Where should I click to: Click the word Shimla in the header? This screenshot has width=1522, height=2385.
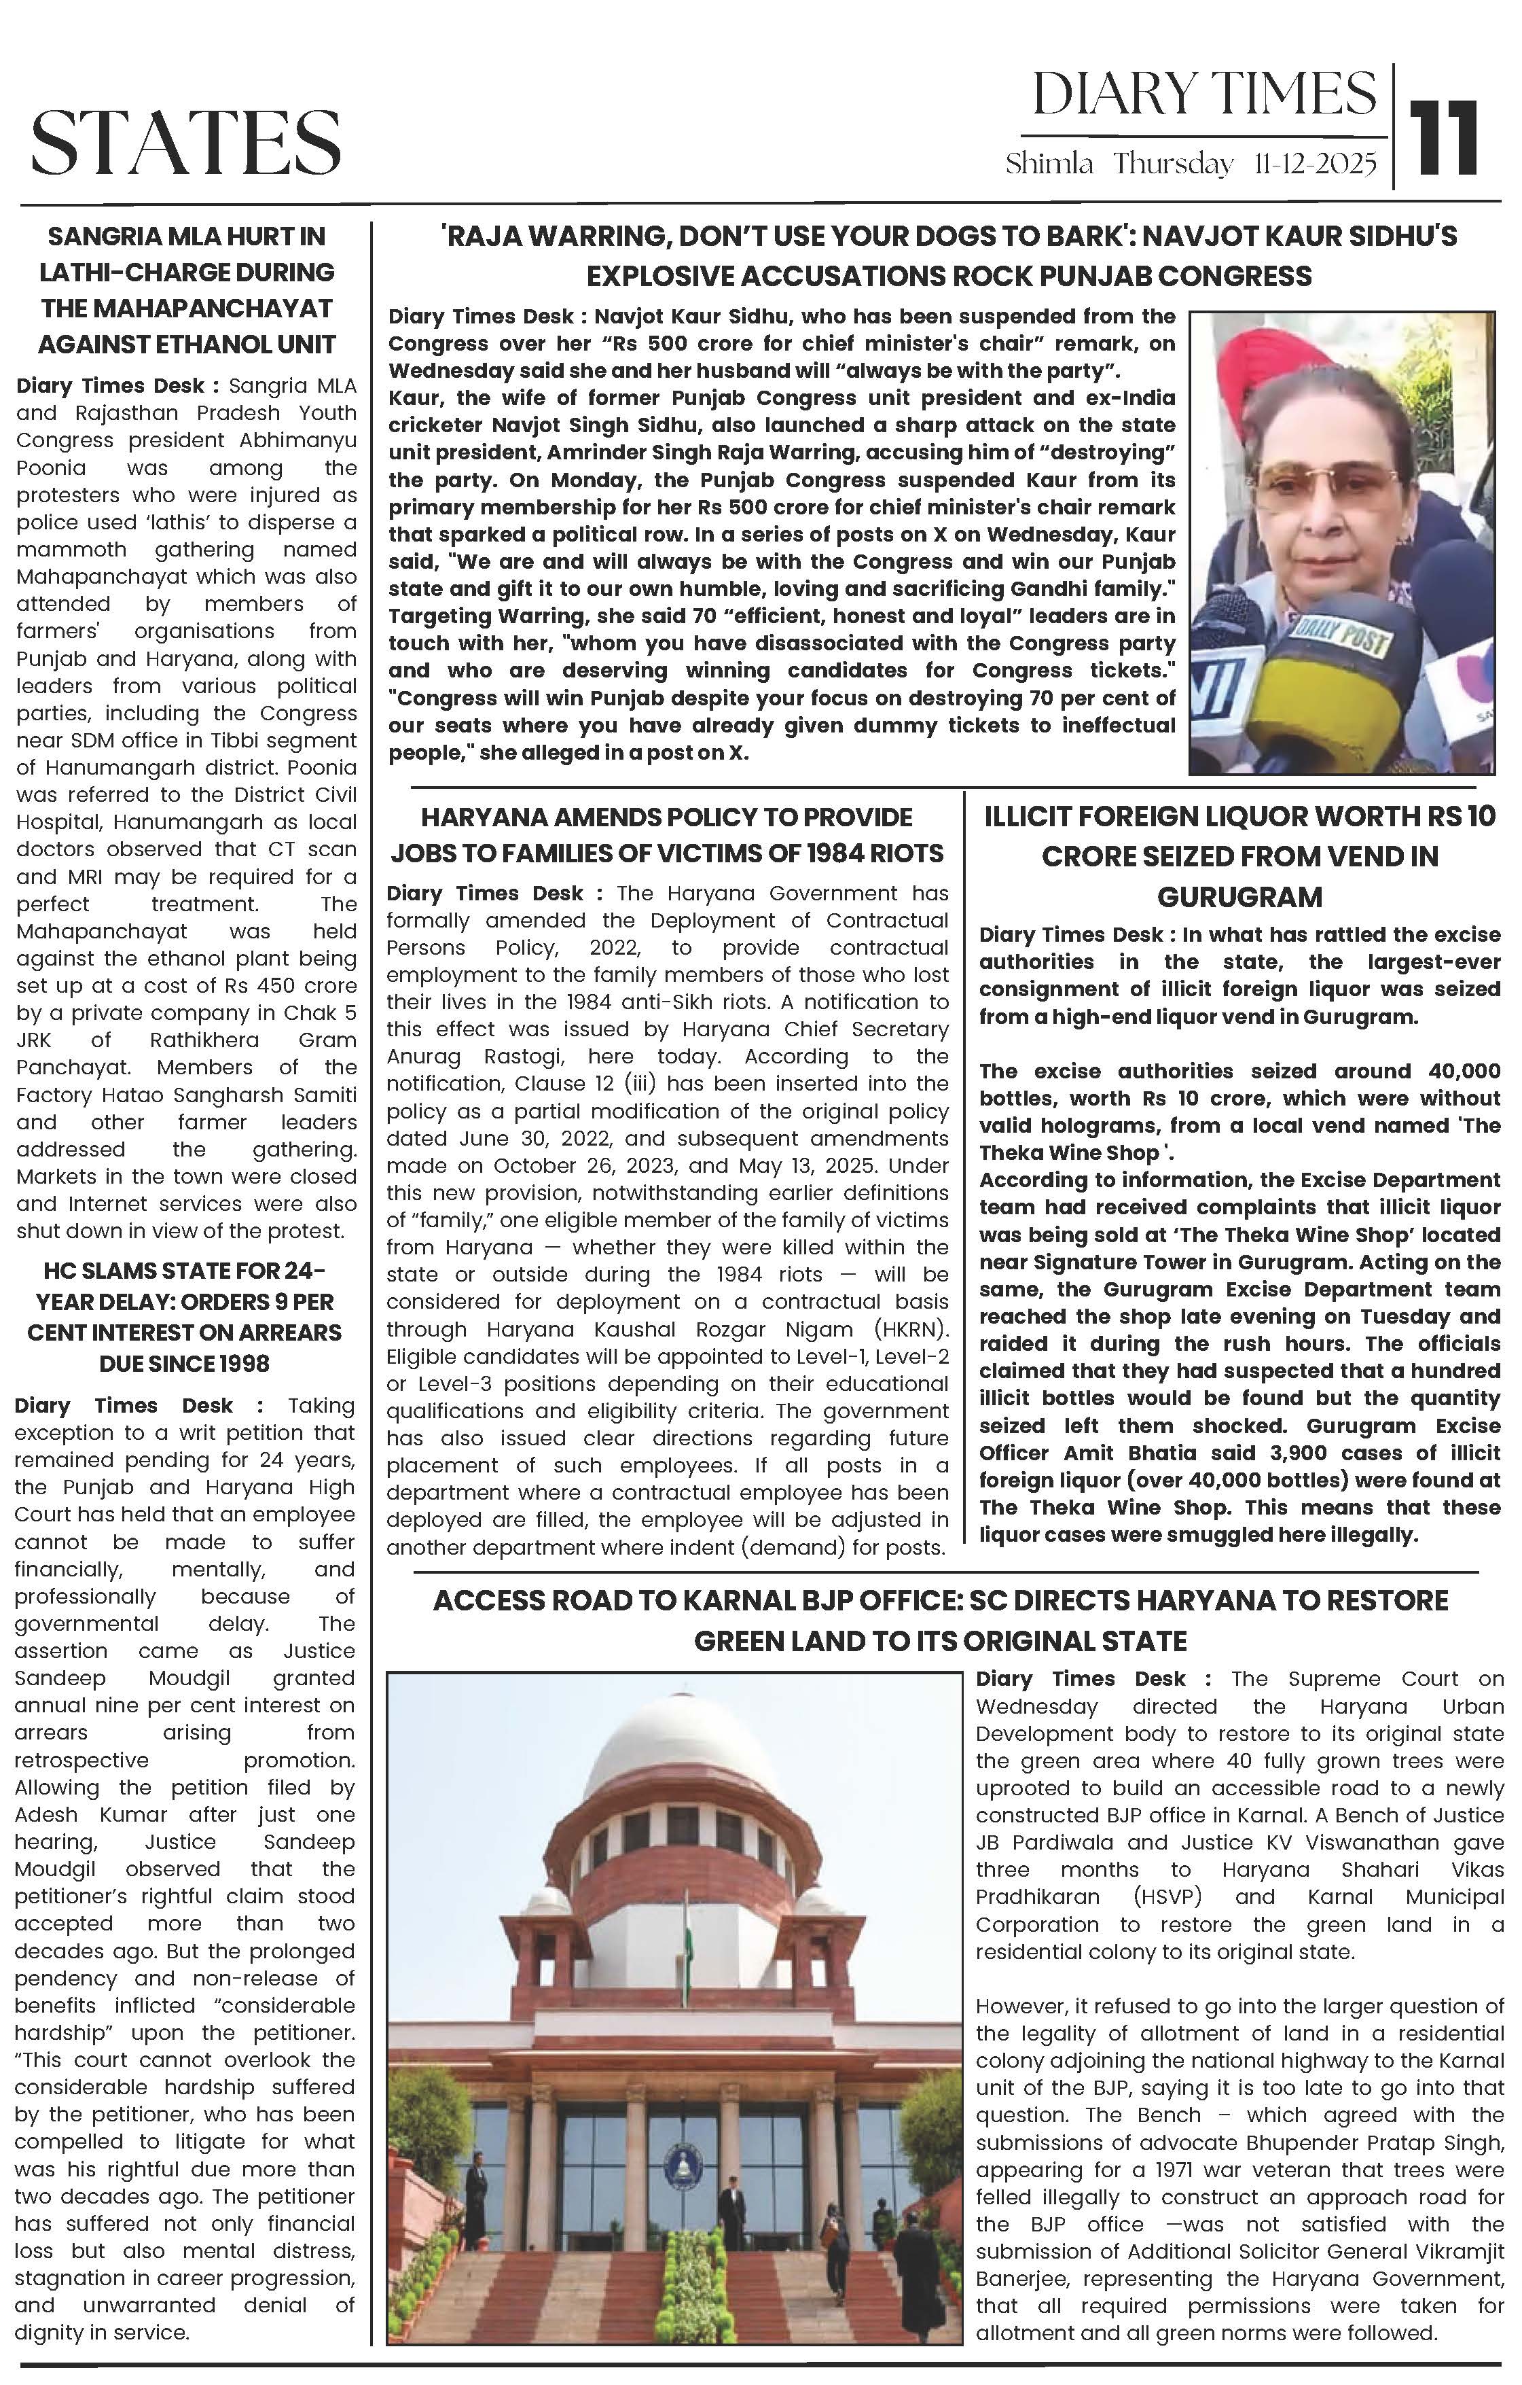coord(1049,164)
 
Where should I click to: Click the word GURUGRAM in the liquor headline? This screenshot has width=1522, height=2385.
coord(1239,898)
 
